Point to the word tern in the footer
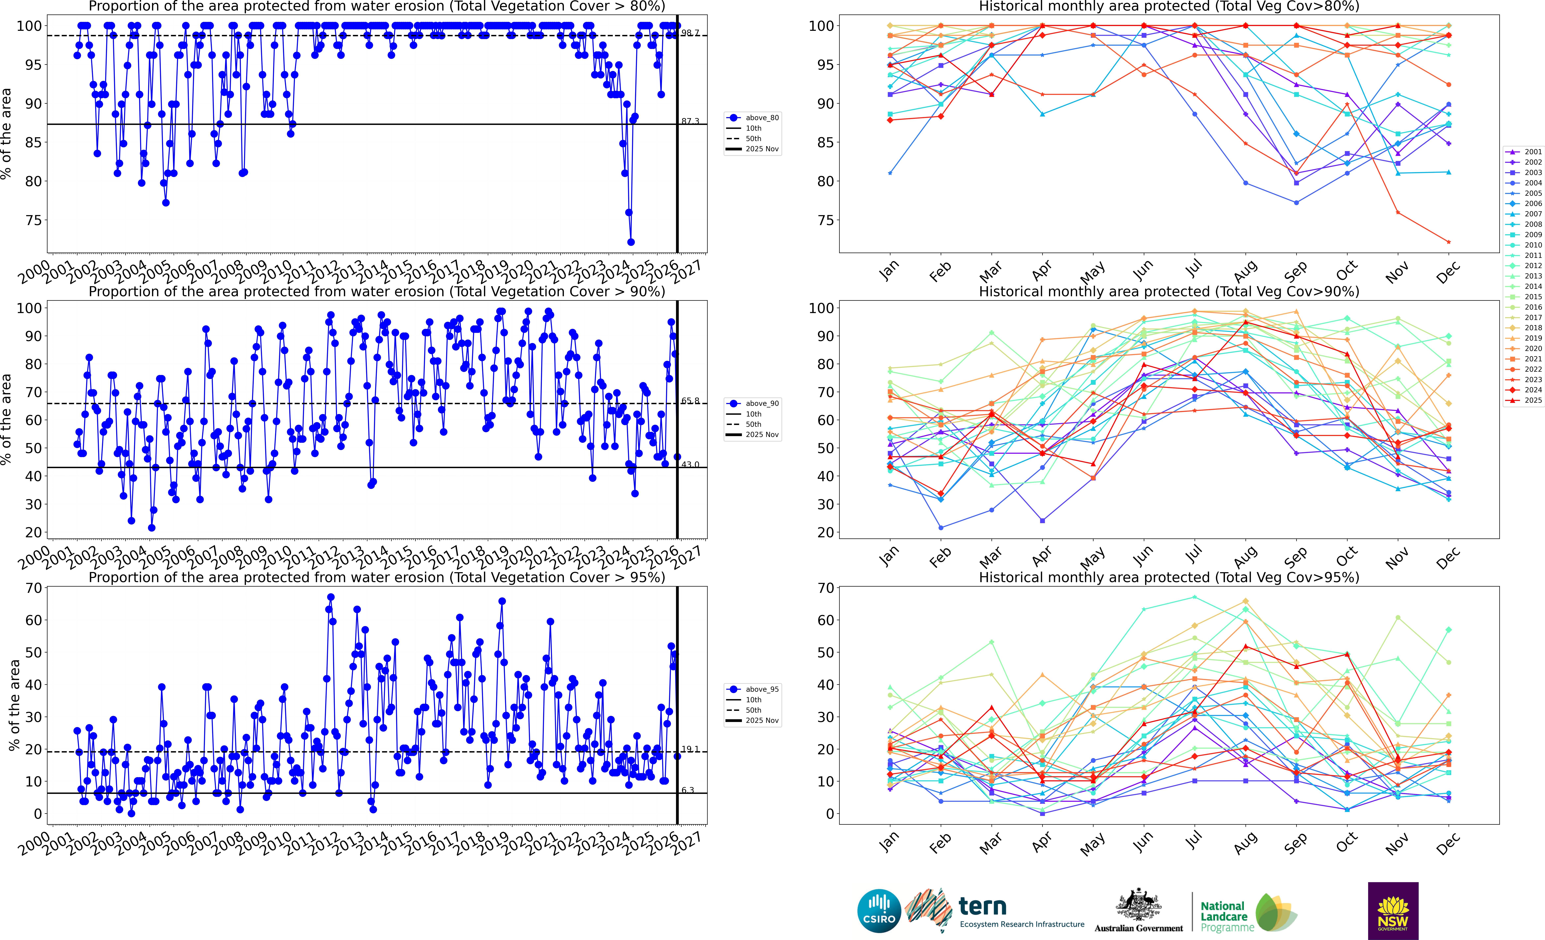(x=983, y=906)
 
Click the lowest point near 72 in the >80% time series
(x=631, y=242)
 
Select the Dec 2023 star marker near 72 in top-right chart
(x=1448, y=242)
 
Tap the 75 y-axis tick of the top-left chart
(x=33, y=220)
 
